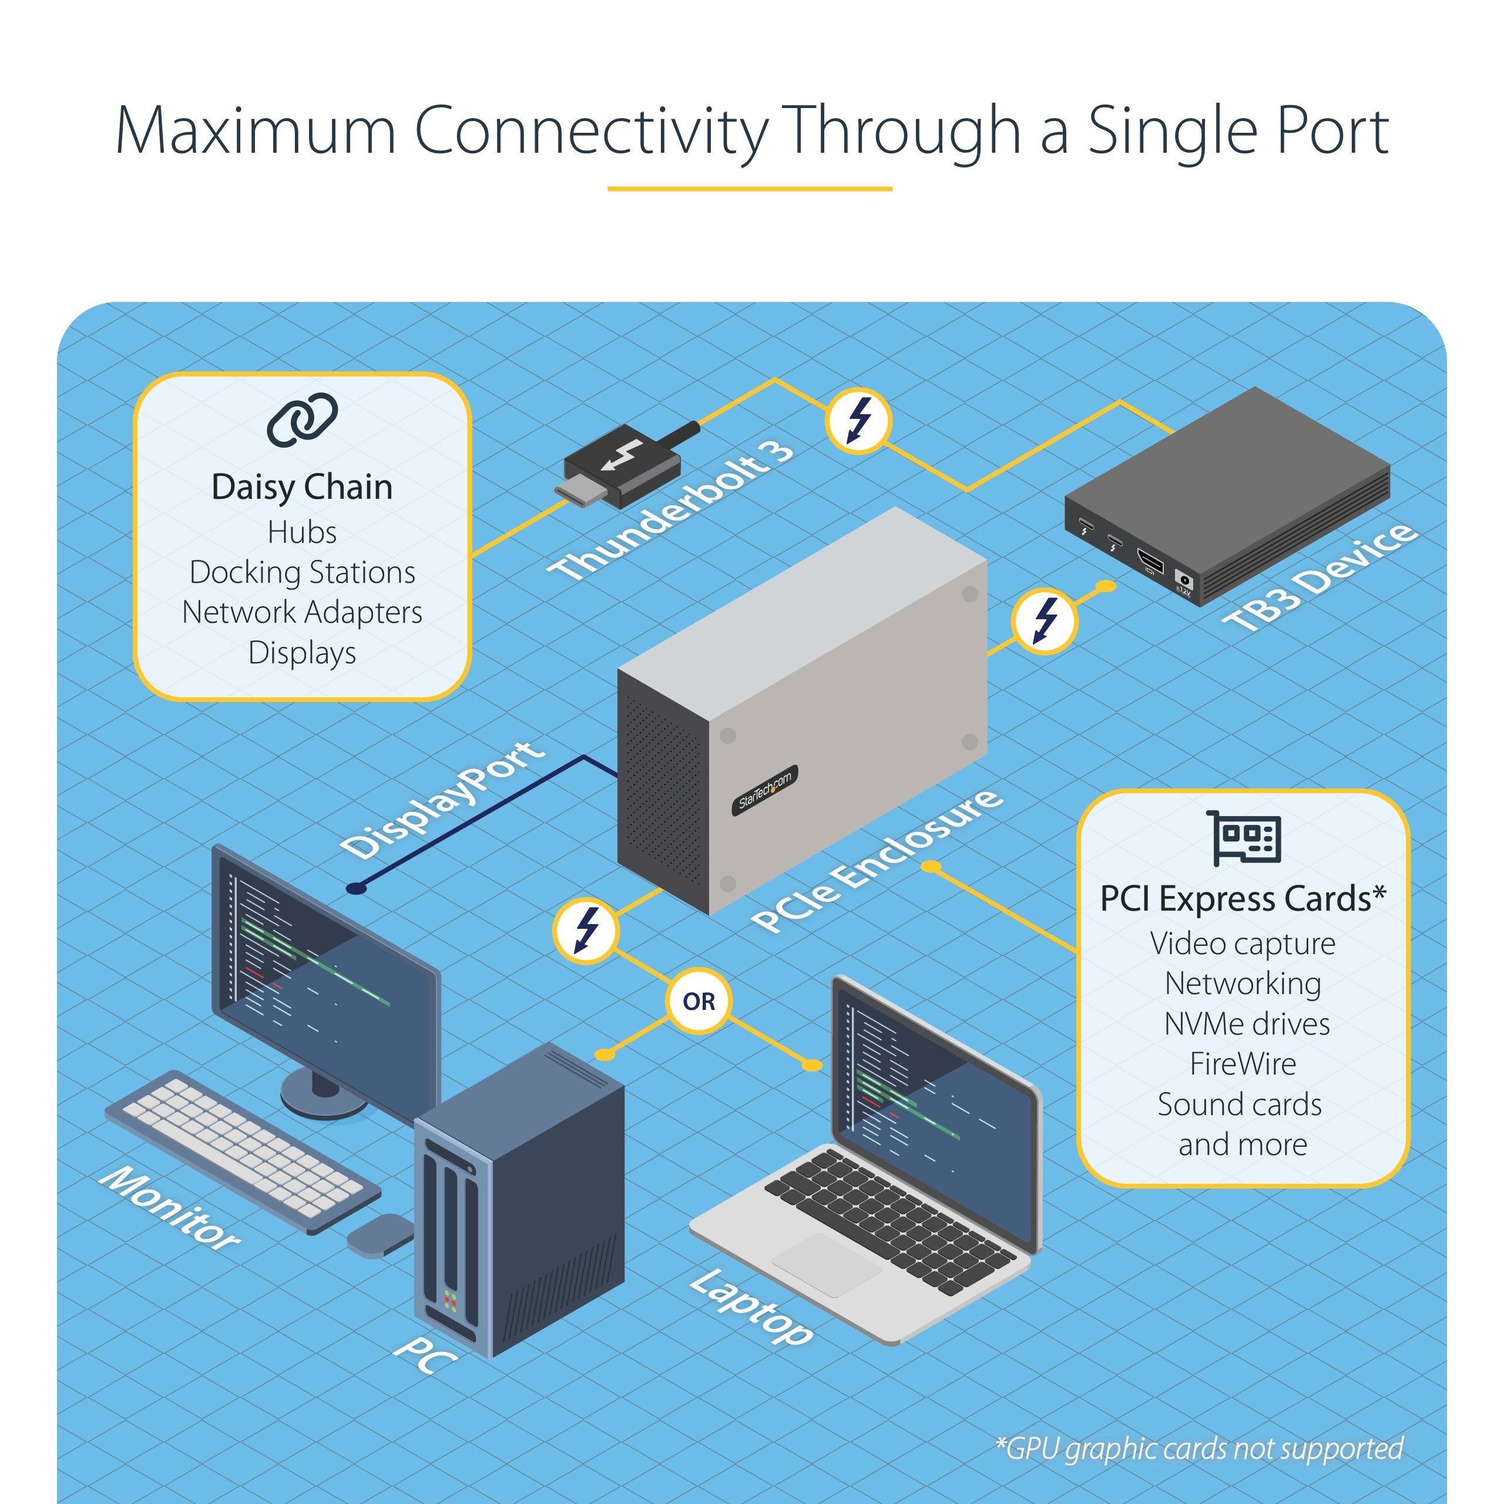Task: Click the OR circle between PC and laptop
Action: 699,1001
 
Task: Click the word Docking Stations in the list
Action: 302,572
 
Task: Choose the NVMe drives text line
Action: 1246,1023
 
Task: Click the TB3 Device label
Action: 1318,577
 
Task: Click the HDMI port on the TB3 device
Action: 1150,560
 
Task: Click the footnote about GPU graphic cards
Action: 1199,1449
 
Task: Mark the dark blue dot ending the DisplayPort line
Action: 356,888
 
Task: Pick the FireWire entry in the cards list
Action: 1243,1063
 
